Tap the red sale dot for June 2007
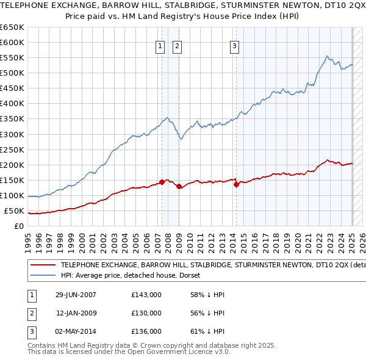tap(162, 182)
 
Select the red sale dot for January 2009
tap(179, 187)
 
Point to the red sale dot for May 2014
tap(235, 185)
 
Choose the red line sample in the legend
tap(43, 265)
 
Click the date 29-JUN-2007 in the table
tap(76, 295)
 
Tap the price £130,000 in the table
tap(146, 313)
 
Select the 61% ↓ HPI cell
tap(208, 331)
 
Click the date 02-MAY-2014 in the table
tap(76, 331)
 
